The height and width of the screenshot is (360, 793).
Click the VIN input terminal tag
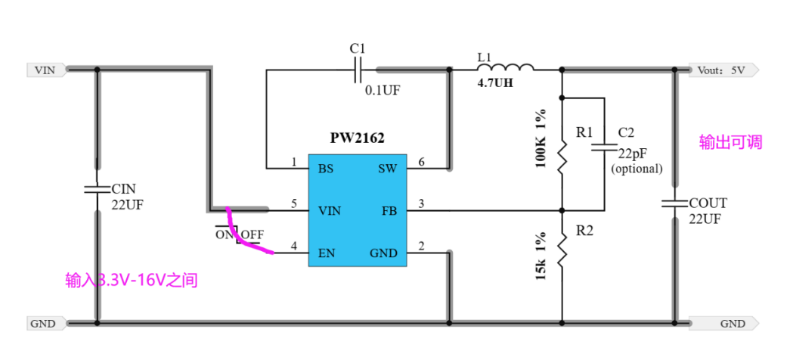coord(46,70)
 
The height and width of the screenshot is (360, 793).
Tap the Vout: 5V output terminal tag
coord(723,70)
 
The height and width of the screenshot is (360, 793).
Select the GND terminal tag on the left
coord(46,324)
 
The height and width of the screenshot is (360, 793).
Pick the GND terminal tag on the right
coord(723,324)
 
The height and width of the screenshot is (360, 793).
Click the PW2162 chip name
coord(357,138)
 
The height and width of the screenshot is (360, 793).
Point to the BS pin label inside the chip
coord(326,169)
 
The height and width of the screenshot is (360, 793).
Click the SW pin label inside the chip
coord(387,169)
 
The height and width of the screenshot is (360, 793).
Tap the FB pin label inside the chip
coord(389,211)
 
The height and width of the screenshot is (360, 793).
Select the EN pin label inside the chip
coord(327,253)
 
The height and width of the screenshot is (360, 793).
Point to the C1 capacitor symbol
coord(358,70)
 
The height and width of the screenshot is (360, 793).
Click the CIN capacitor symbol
coord(97,190)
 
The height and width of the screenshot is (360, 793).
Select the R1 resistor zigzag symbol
coord(562,158)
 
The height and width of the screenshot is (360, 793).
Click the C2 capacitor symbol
coord(605,147)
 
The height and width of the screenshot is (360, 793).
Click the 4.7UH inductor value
coord(495,83)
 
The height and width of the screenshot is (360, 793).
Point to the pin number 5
coord(294,203)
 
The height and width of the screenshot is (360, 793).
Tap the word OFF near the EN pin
coord(252,234)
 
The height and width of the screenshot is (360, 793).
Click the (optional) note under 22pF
coord(637,169)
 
